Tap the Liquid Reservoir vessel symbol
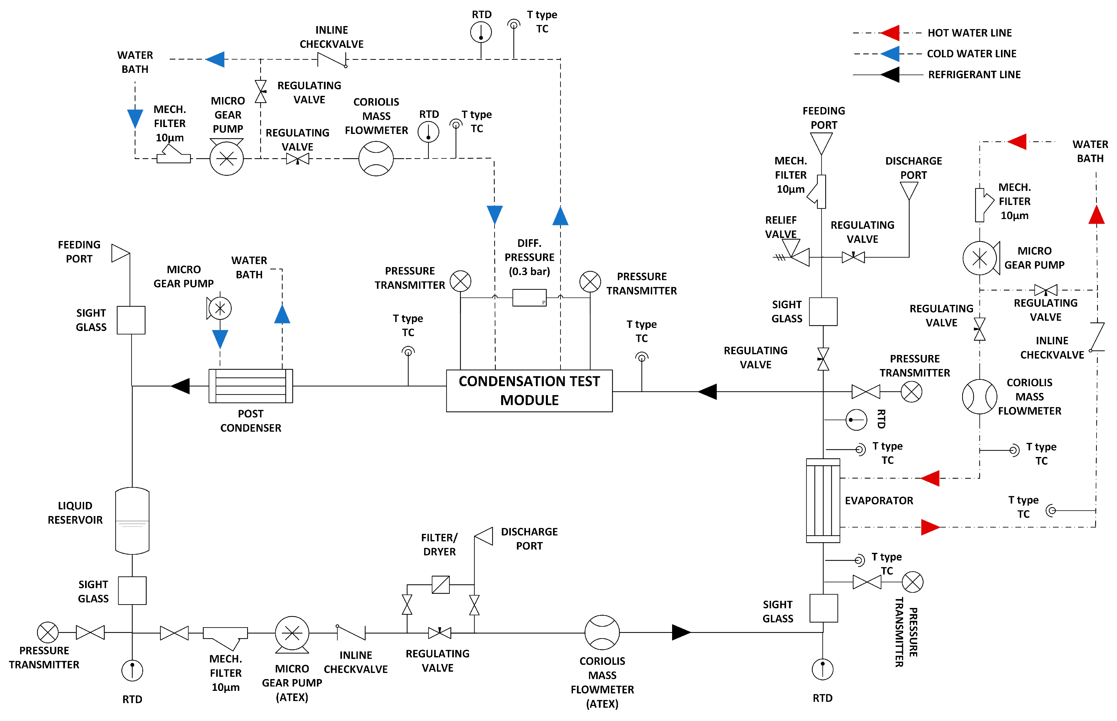tap(132, 521)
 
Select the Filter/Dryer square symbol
tap(441, 585)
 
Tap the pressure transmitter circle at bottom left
tap(48, 633)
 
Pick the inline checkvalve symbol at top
tap(332, 60)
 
